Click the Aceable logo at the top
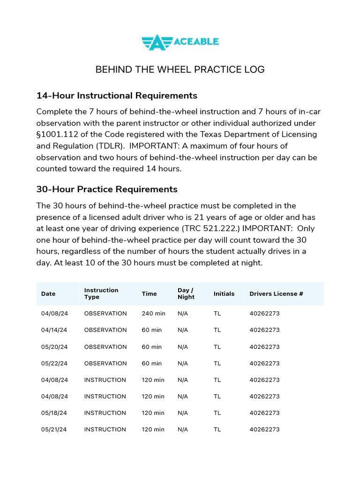click(180, 42)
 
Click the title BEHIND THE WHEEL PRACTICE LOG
click(180, 70)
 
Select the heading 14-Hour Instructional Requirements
click(117, 96)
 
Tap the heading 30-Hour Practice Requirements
click(107, 189)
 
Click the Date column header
click(48, 294)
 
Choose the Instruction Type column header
click(101, 293)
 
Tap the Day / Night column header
click(186, 293)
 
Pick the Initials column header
click(224, 294)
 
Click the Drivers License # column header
click(276, 294)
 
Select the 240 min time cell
click(153, 314)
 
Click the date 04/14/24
click(54, 330)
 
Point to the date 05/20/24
click(54, 347)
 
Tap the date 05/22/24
click(54, 363)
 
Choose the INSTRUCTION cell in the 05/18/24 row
click(105, 413)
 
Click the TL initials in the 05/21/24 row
click(217, 429)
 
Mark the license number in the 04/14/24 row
click(264, 330)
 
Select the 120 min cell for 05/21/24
click(153, 429)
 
